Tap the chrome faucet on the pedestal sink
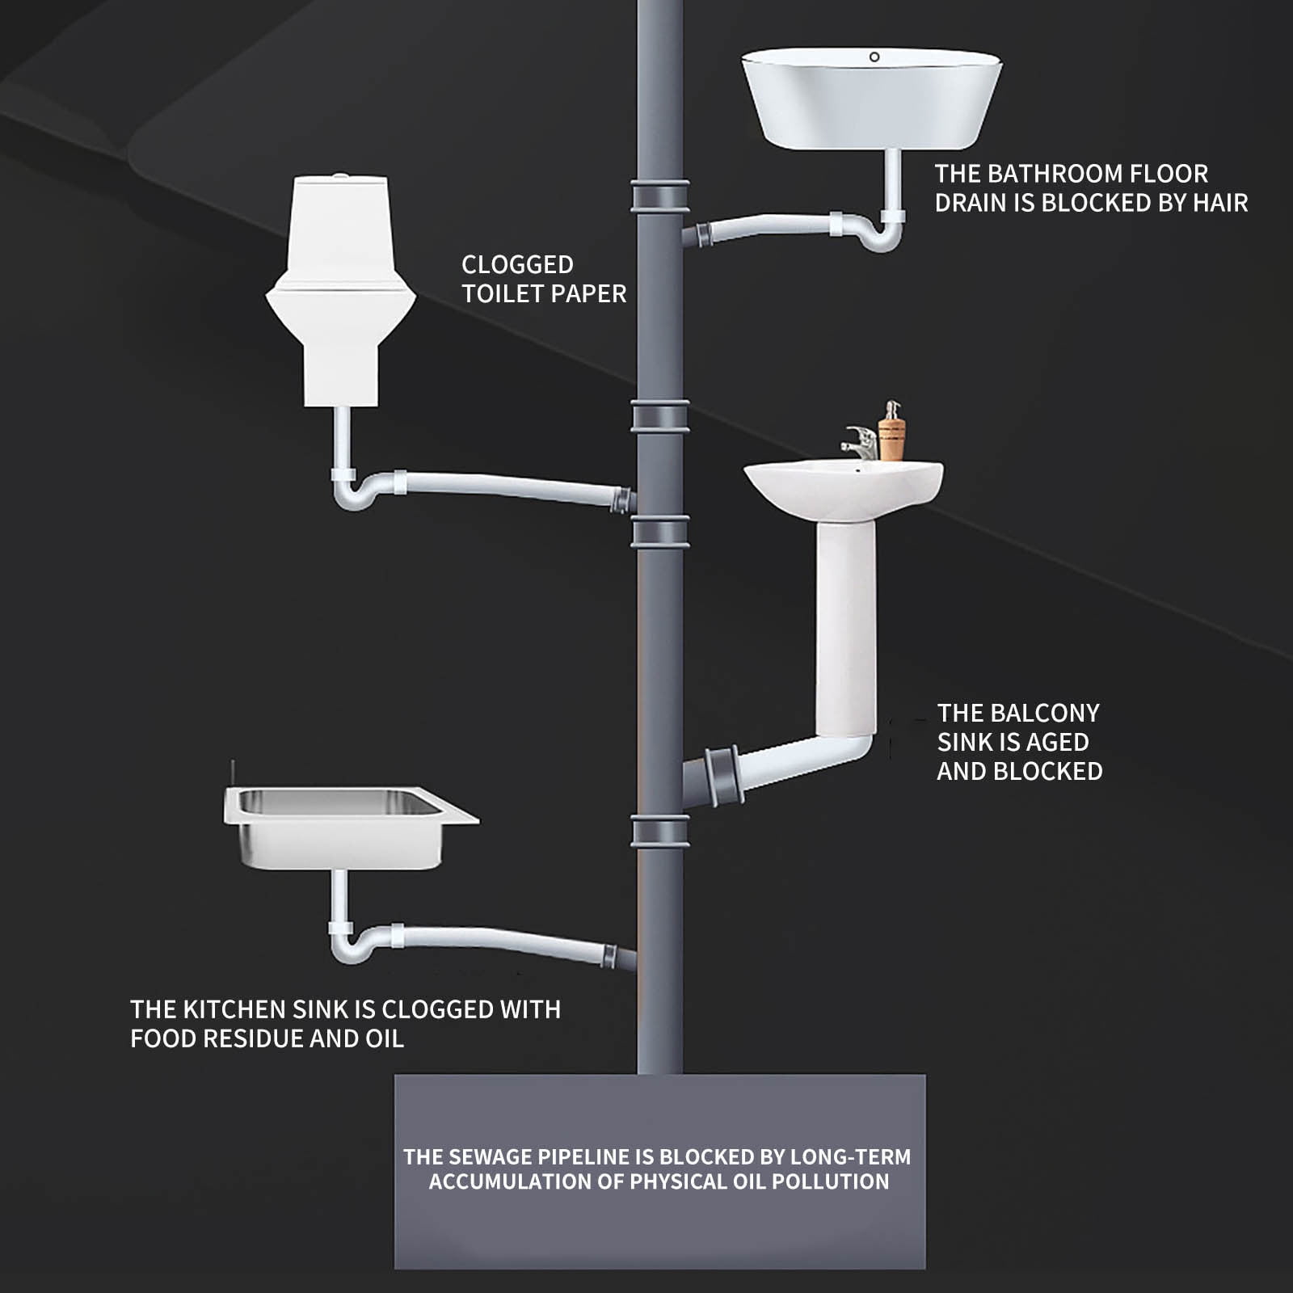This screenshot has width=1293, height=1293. click(x=860, y=443)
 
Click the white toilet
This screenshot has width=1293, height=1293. click(x=340, y=291)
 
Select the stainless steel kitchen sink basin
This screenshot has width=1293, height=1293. click(x=349, y=828)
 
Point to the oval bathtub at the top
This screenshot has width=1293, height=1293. click(x=872, y=99)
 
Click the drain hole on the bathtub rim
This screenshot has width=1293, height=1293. click(x=874, y=57)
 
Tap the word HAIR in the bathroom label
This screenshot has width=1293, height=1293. click(x=1220, y=202)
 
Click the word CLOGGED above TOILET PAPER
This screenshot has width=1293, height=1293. click(x=517, y=264)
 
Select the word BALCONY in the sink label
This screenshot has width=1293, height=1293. click(x=1045, y=713)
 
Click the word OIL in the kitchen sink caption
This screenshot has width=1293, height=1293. click(x=384, y=1038)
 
